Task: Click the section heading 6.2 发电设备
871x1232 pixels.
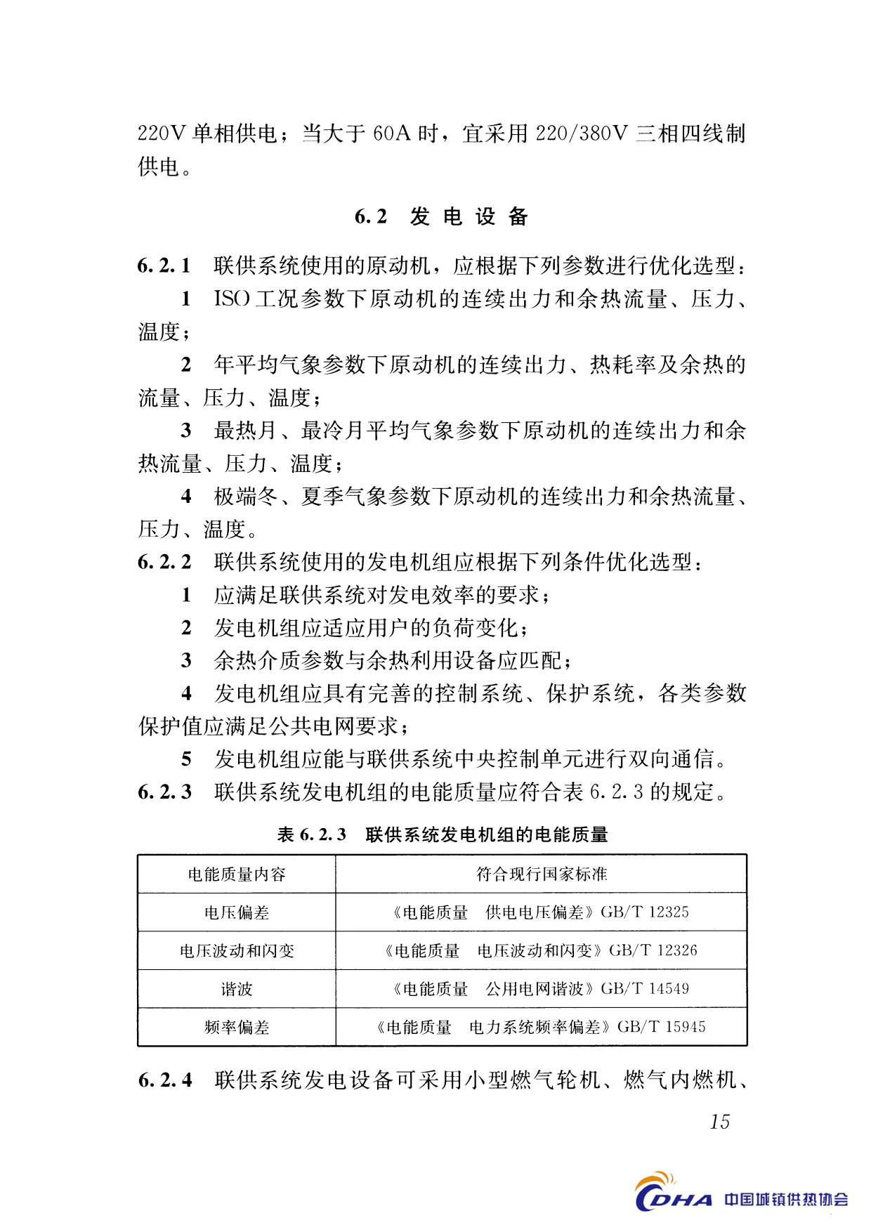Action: coord(441,216)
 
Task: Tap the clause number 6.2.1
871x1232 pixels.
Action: coord(164,266)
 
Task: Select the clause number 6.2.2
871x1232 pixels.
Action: coord(164,562)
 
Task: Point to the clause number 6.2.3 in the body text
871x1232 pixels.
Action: coord(164,792)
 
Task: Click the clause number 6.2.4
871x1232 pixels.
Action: coord(164,1080)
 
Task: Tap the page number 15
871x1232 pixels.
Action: coord(719,1122)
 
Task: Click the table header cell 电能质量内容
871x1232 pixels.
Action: coord(237,874)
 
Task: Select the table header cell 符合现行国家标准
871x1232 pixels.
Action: coord(541,874)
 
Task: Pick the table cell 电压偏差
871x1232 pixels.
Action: coord(237,912)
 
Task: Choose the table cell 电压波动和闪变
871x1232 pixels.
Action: coord(237,951)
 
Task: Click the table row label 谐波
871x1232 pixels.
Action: coord(237,989)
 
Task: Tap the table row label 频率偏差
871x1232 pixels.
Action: coord(237,1028)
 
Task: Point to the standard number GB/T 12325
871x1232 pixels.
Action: coord(645,912)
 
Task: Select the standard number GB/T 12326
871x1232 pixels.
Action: coord(653,950)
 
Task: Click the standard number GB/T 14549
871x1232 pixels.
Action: coord(645,989)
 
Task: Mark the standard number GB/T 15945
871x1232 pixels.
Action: coord(662,1027)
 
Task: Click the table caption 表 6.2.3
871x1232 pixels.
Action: coord(312,834)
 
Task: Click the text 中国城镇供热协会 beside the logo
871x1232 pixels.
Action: coord(786,1199)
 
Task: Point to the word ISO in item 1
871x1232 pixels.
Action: coord(232,299)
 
